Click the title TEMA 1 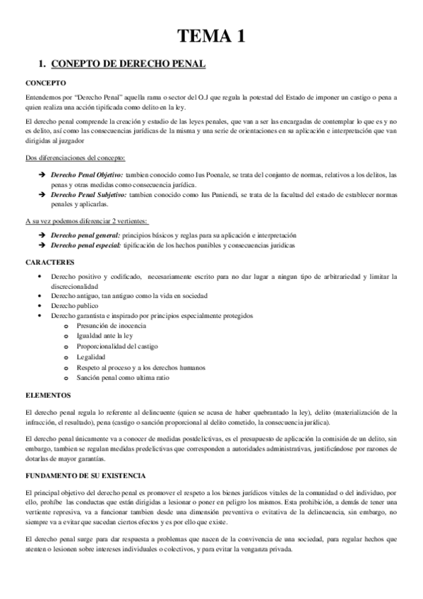coord(211,37)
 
